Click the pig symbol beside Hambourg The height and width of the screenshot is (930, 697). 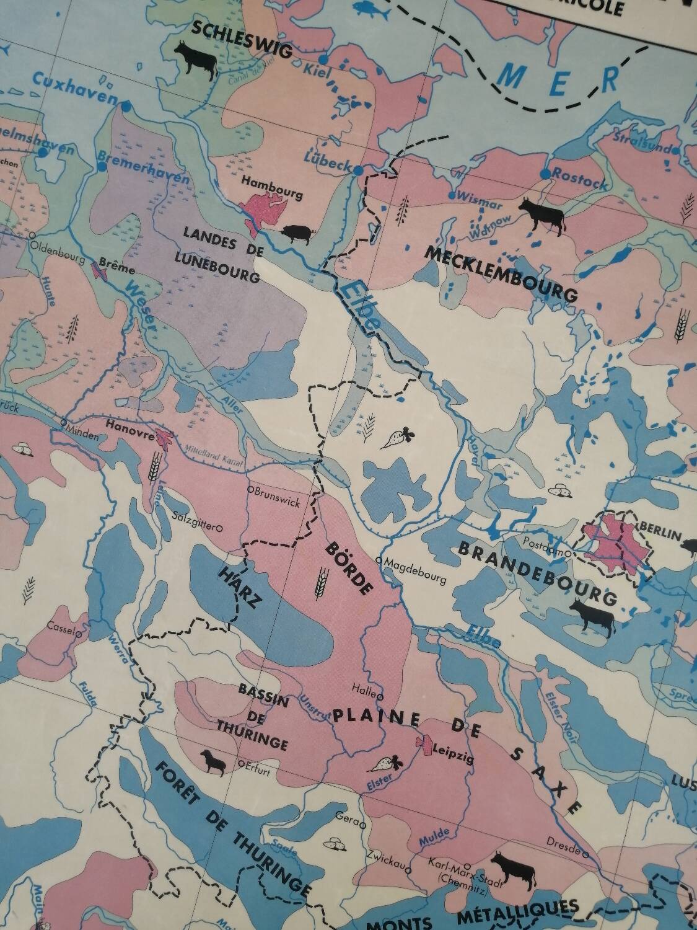click(299, 232)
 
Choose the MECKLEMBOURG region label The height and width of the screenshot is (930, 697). click(501, 273)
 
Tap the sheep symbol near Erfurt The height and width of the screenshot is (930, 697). click(214, 761)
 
